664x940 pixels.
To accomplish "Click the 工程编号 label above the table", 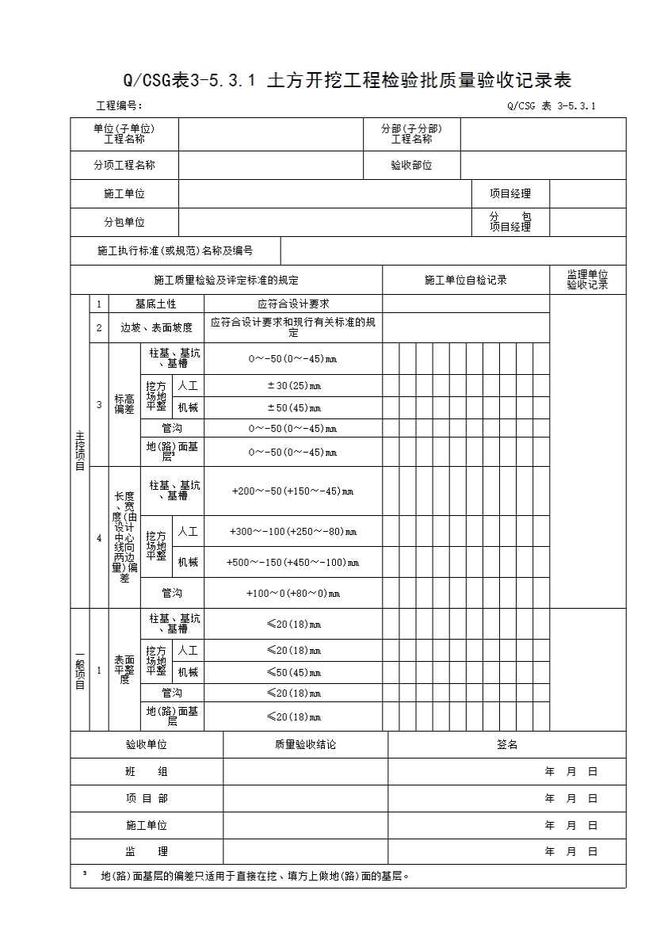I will (119, 105).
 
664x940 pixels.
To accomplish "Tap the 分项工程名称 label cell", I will (124, 166).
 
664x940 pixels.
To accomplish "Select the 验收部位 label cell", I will (411, 166).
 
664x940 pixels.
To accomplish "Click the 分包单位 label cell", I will (124, 222).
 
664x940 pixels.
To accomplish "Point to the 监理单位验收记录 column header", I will (587, 280).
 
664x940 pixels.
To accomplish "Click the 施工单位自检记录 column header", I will (465, 280).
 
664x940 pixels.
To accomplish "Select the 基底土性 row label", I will (156, 304).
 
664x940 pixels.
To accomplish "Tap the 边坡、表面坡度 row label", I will (156, 327).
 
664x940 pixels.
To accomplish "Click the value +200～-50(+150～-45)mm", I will (293, 491).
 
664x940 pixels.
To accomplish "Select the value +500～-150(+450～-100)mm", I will (293, 563).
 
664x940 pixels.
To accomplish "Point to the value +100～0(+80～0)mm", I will (293, 593).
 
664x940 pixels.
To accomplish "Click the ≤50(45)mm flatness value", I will (293, 673).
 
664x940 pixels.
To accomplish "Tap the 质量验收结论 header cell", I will (305, 745).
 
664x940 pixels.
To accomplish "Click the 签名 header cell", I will (507, 745).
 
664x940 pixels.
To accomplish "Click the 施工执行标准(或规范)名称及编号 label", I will (175, 250).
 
